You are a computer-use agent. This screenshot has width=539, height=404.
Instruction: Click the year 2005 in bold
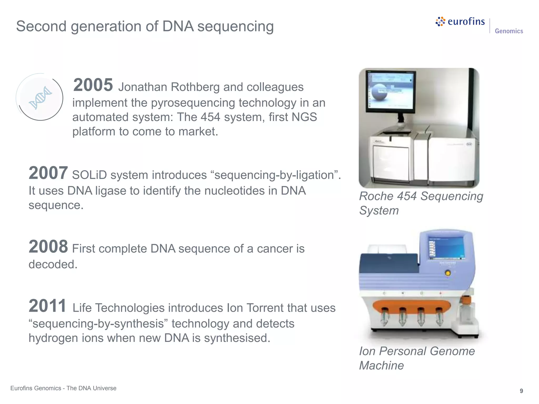coord(93,85)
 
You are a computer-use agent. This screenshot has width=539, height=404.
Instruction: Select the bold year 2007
coord(48,173)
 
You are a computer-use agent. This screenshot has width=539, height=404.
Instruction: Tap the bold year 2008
coord(48,247)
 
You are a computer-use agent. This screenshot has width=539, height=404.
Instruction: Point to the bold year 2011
coord(47,306)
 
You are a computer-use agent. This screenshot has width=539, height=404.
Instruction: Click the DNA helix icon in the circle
coord(40,98)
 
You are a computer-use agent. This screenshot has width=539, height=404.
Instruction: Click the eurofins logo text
coord(466,22)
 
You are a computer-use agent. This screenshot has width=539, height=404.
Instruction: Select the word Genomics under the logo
coord(509,31)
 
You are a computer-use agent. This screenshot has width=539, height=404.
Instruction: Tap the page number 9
coord(521,391)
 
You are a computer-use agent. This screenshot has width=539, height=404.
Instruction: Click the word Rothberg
coord(195,87)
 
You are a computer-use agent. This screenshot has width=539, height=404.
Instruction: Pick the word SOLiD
coord(89,175)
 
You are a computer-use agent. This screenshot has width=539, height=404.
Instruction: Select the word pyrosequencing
coord(193,103)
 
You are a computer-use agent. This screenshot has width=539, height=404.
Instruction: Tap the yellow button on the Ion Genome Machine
coord(447,273)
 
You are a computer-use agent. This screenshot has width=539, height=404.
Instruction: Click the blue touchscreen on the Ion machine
coord(447,248)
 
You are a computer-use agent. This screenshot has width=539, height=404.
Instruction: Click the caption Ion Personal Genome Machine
coord(417,358)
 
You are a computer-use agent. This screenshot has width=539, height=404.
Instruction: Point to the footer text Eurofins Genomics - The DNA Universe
coord(63,388)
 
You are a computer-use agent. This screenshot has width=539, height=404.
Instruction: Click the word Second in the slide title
coord(41,26)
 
